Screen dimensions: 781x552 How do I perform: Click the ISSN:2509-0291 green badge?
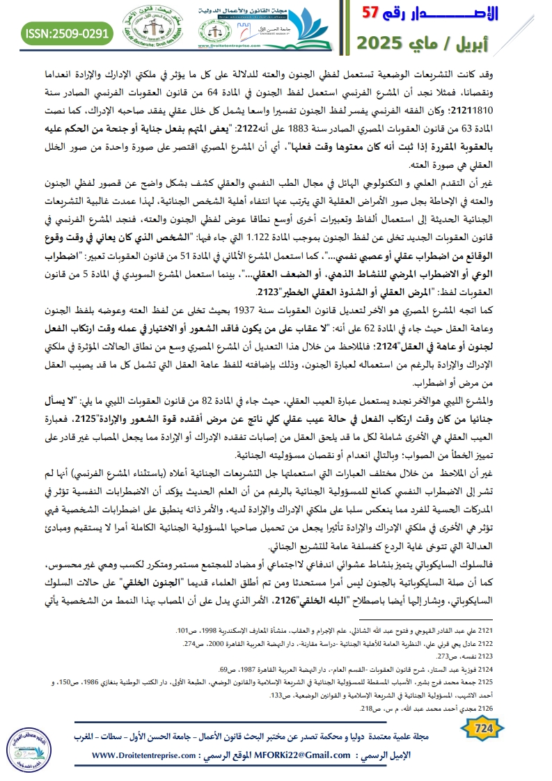coord(66,33)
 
